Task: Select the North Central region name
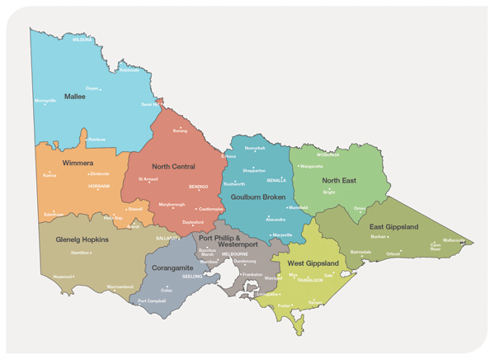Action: point(173,166)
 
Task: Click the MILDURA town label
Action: point(82,40)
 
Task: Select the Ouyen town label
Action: point(92,88)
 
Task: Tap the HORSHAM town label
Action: point(98,187)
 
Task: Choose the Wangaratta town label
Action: point(312,166)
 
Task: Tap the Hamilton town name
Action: point(81,253)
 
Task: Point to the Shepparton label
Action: point(254,170)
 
